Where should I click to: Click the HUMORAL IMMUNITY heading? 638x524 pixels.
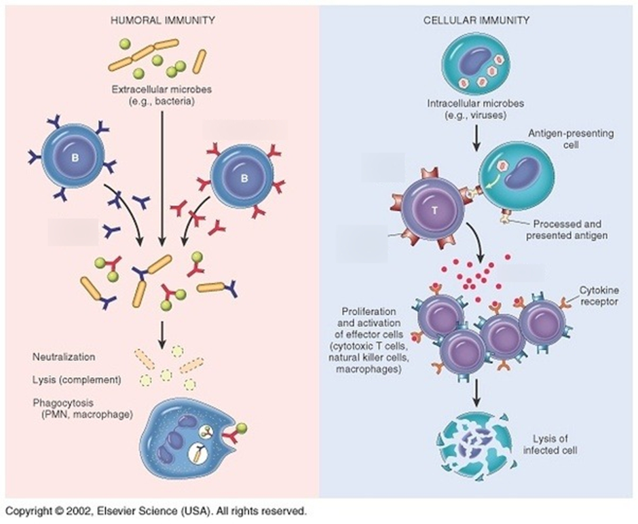[x=163, y=20]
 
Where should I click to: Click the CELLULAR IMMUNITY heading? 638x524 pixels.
[x=476, y=20]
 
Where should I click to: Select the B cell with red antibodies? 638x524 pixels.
[x=244, y=178]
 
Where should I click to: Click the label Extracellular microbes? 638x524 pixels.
[x=162, y=89]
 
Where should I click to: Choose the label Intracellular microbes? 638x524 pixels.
[x=476, y=103]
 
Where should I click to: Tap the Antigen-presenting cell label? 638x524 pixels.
[x=570, y=138]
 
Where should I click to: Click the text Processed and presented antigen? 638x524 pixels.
[x=567, y=229]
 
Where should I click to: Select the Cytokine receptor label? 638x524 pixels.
[x=599, y=296]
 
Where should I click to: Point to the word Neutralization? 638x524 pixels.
[x=64, y=357]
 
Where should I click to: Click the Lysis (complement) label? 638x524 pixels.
[x=77, y=379]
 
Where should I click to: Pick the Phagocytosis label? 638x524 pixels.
[x=83, y=409]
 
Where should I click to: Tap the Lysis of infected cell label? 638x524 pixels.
[x=550, y=445]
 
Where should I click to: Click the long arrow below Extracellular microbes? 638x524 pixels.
[x=162, y=179]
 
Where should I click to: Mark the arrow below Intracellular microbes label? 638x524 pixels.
[x=476, y=138]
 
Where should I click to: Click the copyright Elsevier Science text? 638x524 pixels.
[x=155, y=511]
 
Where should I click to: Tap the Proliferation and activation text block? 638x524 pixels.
[x=369, y=340]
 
